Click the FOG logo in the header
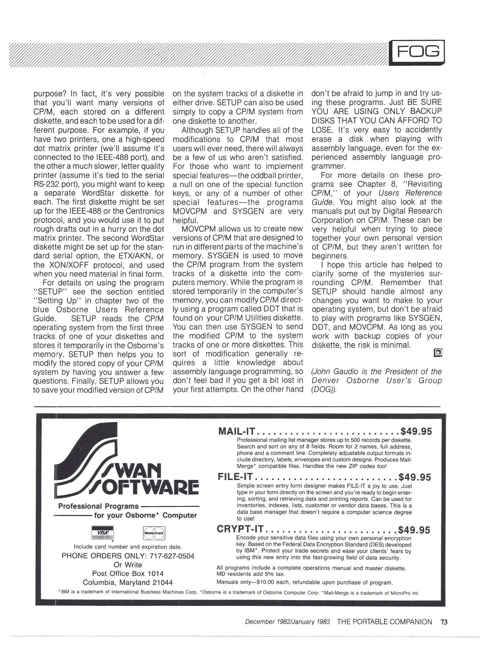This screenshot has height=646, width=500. point(417,52)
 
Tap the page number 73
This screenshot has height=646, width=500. point(444,622)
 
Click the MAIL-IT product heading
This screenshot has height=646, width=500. point(238,431)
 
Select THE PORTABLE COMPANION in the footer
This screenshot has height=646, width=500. point(384,622)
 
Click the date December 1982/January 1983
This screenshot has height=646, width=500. point(287,622)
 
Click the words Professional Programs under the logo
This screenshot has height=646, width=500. point(98,506)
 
